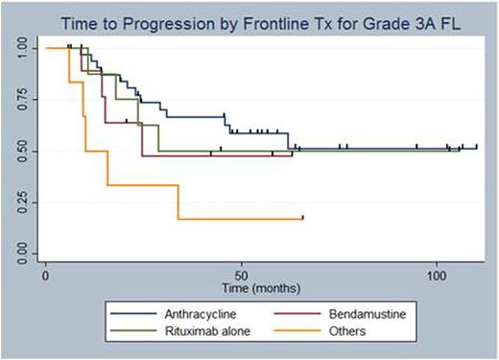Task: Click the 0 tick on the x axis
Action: tap(46, 275)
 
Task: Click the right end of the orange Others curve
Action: tap(303, 219)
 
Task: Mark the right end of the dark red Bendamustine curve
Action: tap(292, 154)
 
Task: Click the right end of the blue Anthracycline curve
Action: tap(477, 148)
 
